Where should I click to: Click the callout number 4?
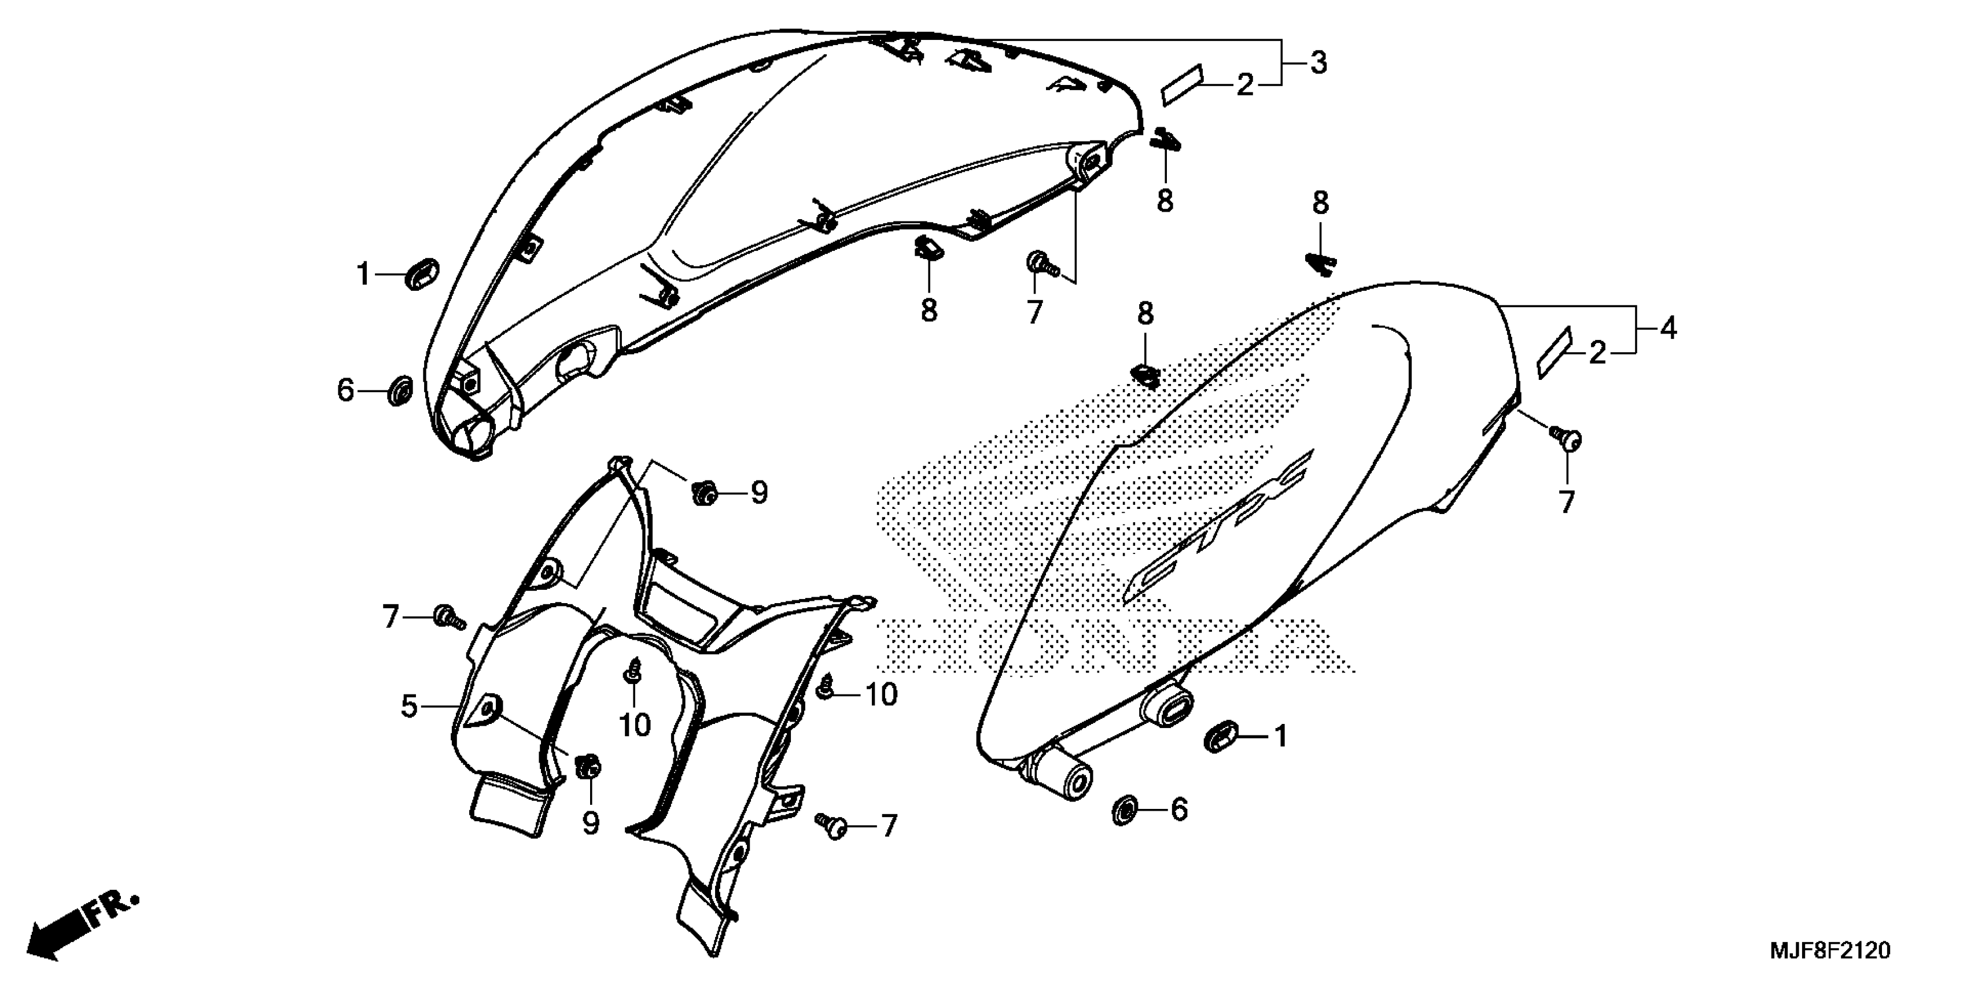[x=1668, y=329]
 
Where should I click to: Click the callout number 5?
[x=409, y=706]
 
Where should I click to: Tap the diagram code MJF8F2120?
[x=1829, y=951]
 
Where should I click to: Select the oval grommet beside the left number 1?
[x=422, y=274]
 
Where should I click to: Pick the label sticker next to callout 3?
[x=1181, y=83]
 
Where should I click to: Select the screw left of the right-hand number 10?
[x=826, y=689]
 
